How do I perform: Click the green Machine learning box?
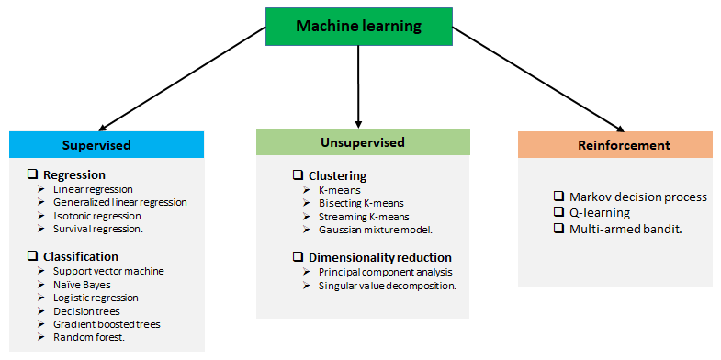pos(358,27)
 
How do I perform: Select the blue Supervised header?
pos(107,145)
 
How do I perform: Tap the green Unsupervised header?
pos(363,142)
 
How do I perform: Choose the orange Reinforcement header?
pos(615,145)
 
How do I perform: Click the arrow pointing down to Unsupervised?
pos(358,86)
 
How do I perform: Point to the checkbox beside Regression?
pos(33,174)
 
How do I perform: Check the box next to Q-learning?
pos(558,212)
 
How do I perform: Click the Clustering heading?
pos(337,175)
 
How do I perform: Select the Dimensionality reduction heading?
pos(380,257)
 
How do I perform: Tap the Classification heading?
pos(81,256)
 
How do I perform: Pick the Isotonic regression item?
pos(97,216)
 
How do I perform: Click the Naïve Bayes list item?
pos(82,285)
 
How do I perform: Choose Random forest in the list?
pos(89,337)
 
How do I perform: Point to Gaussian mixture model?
pos(376,230)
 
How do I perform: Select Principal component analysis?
pos(386,272)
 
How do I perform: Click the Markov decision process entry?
pos(637,197)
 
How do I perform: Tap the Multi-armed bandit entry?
pos(625,229)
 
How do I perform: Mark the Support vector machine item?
pos(108,271)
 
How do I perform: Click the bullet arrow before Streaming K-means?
pos(307,216)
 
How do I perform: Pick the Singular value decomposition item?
pos(388,286)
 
